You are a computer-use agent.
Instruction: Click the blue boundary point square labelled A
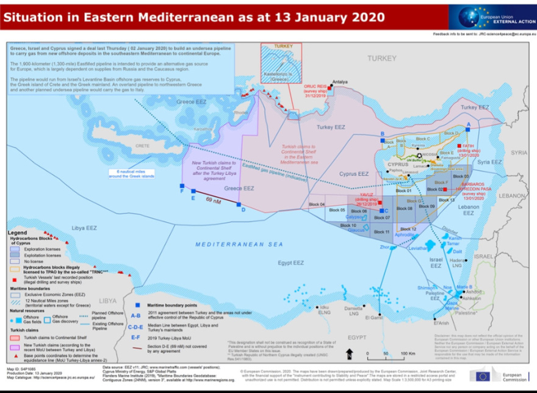pyautogui.click(x=468, y=129)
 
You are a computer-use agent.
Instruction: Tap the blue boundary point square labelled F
pyautogui.click(x=182, y=186)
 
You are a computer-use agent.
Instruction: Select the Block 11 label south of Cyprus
pyautogui.click(x=381, y=233)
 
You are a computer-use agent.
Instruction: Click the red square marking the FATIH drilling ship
pyautogui.click(x=459, y=146)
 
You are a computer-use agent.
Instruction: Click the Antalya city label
pyautogui.click(x=339, y=82)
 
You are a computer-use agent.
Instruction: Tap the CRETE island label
pyautogui.click(x=142, y=146)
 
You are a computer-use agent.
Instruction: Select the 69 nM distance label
pyautogui.click(x=213, y=200)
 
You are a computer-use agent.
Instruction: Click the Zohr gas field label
pyautogui.click(x=384, y=247)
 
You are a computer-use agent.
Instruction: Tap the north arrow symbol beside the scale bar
pyautogui.click(x=348, y=354)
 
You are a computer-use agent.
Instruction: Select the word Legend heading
pyautogui.click(x=18, y=233)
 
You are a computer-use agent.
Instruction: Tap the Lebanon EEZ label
pyautogui.click(x=469, y=211)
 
